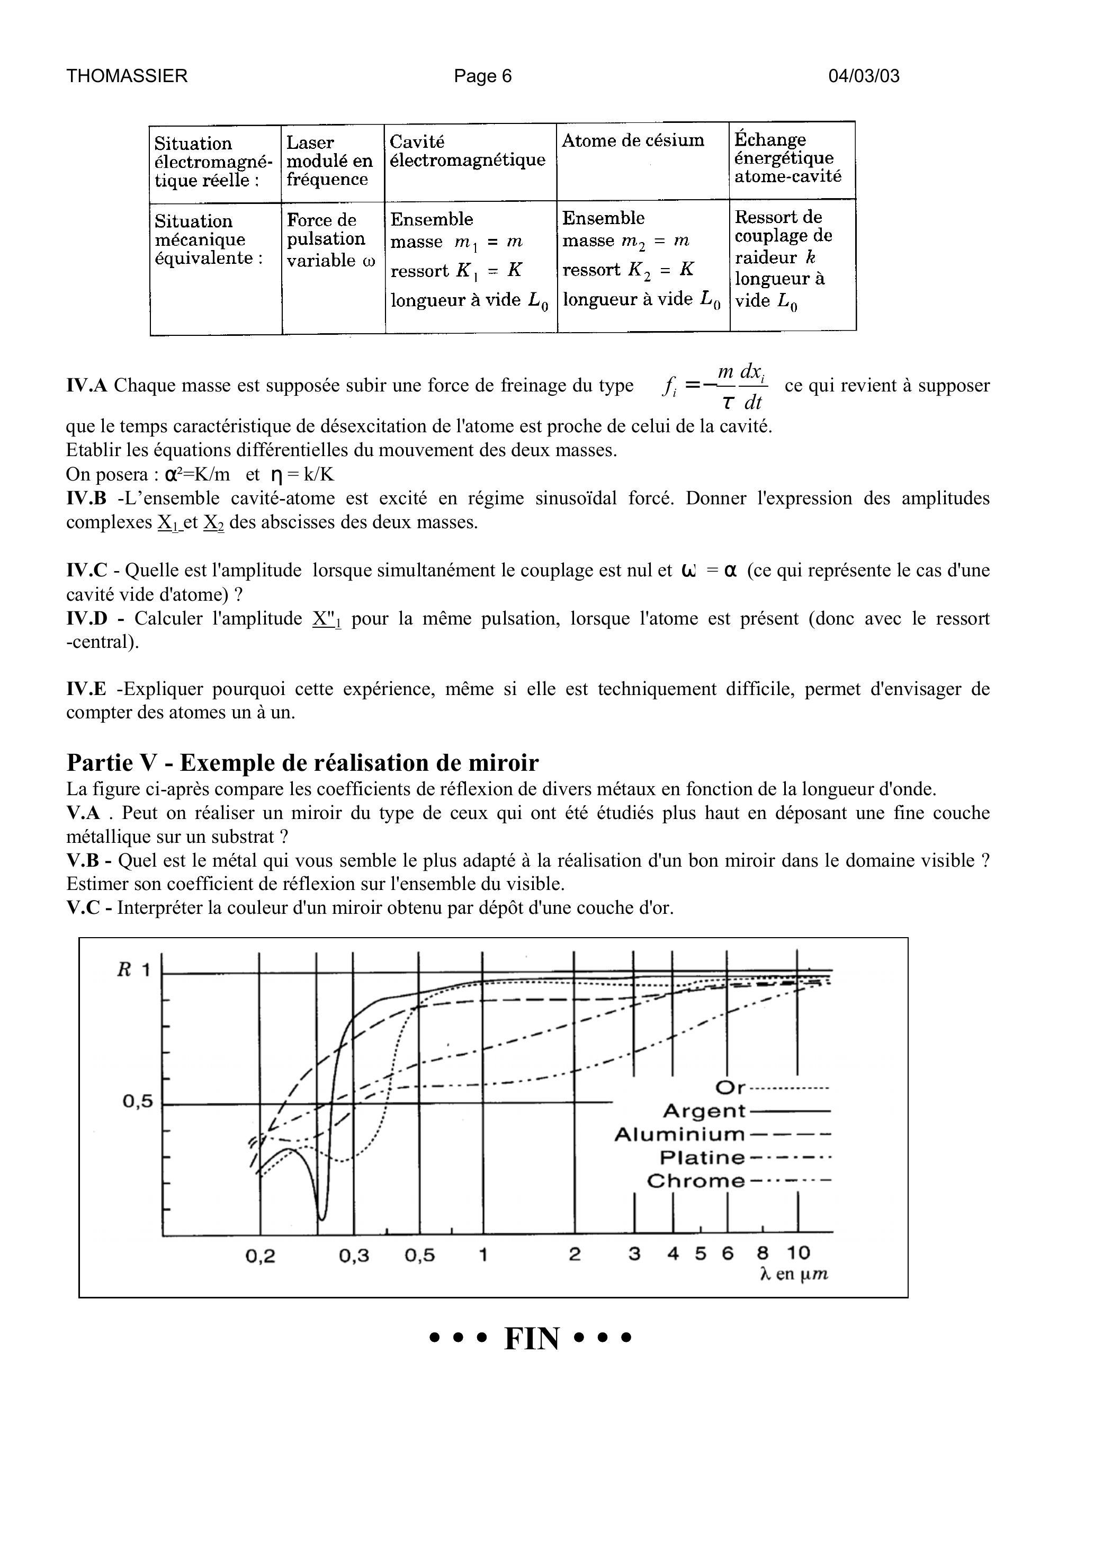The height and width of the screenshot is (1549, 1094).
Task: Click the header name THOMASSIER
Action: [x=127, y=76]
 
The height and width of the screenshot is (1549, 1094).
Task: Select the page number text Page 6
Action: [x=482, y=76]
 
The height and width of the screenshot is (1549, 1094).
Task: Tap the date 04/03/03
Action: [x=863, y=76]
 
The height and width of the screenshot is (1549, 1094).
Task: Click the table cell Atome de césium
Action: [x=633, y=140]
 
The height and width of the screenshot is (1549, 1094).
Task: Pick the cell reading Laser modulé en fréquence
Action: [x=329, y=161]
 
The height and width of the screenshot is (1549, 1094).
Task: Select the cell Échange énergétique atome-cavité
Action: [x=788, y=158]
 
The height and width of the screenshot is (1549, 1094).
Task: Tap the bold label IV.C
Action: [x=87, y=571]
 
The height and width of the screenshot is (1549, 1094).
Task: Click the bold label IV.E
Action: [x=86, y=689]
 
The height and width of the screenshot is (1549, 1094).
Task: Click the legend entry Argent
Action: [x=704, y=1110]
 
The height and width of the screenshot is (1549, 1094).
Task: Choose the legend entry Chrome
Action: [x=695, y=1181]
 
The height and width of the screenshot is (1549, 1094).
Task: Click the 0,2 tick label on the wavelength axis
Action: [x=261, y=1256]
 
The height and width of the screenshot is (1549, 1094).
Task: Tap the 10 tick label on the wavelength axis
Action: [x=798, y=1253]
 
